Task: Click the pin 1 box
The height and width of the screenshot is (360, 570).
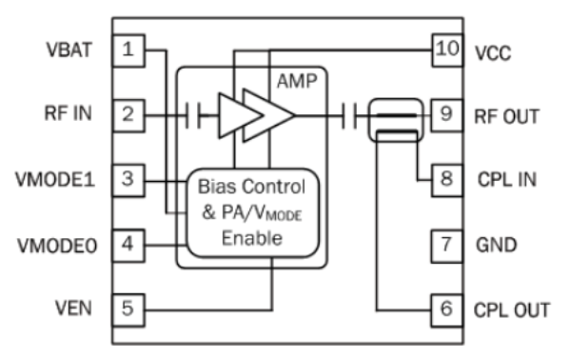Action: pyautogui.click(x=128, y=50)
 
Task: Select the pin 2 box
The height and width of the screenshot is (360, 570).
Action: pyautogui.click(x=128, y=115)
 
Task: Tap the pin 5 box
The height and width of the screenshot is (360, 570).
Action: pyautogui.click(x=128, y=310)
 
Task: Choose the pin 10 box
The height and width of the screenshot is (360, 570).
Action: pyautogui.click(x=447, y=50)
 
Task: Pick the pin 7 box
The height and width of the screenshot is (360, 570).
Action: pyautogui.click(x=447, y=246)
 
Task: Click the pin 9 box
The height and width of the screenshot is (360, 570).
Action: pyautogui.click(x=447, y=115)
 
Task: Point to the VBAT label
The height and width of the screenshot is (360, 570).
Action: pyautogui.click(x=69, y=50)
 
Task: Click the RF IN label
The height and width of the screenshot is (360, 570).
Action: pyautogui.click(x=68, y=113)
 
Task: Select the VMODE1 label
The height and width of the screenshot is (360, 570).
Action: pyautogui.click(x=55, y=179)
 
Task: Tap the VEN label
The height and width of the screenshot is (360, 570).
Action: pyautogui.click(x=73, y=309)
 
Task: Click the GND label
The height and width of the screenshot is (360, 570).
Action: pyautogui.click(x=496, y=245)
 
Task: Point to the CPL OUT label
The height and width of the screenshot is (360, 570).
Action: pyautogui.click(x=511, y=310)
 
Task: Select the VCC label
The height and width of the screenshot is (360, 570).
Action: pyautogui.click(x=493, y=53)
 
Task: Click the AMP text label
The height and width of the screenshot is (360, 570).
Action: pyautogui.click(x=297, y=81)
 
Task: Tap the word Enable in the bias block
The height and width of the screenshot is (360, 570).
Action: pyautogui.click(x=252, y=238)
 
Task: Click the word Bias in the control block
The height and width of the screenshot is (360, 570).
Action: pyautogui.click(x=216, y=187)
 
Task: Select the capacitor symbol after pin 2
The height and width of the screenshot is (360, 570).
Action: pyautogui.click(x=192, y=116)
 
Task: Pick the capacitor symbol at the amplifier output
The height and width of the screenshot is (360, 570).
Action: pyautogui.click(x=349, y=116)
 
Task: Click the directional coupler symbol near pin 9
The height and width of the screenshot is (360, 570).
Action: pyautogui.click(x=396, y=120)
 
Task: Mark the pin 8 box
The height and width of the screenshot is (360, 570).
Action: pyautogui.click(x=447, y=181)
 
